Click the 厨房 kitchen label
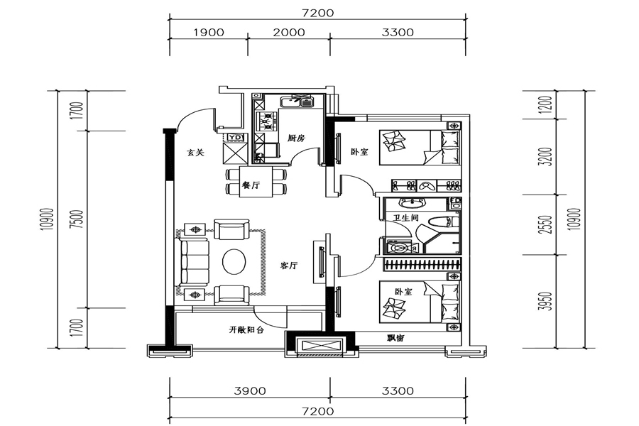pos(296,138)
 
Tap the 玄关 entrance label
pos(196,153)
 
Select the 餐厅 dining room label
pos(251,185)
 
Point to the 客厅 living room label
pos(289,266)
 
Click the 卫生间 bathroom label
pos(406,218)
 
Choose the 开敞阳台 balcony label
pos(246,329)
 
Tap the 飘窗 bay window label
pos(395,338)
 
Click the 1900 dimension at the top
pos(209,32)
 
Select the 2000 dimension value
pos(289,32)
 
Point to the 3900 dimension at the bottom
pos(250,391)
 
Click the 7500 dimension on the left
pos(79,219)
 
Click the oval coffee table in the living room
pos(234,262)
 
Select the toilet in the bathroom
pos(442,222)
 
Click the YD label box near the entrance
pos(235,137)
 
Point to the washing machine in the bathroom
pos(400,248)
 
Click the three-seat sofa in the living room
pos(192,262)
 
